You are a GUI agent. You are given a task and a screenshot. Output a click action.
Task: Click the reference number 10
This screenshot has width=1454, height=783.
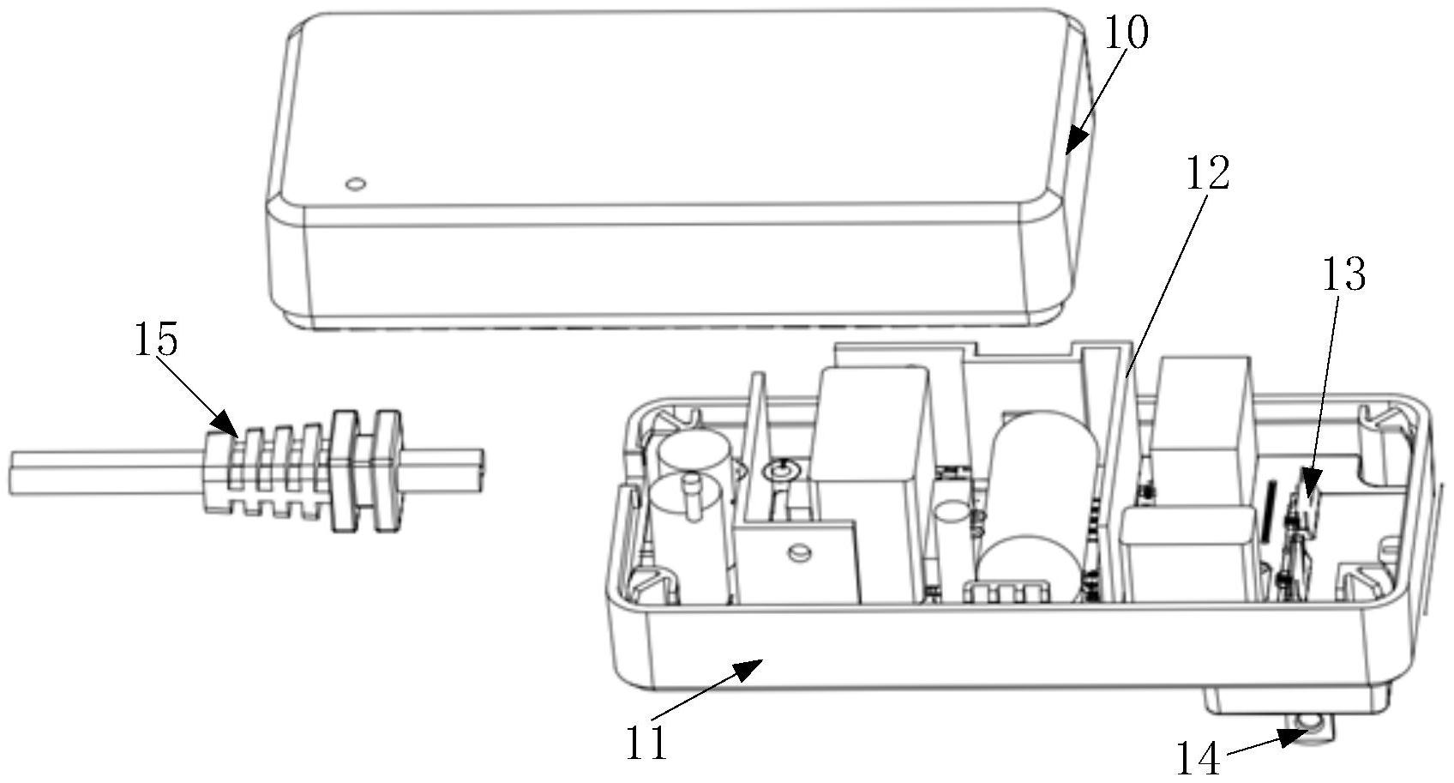(x=1124, y=35)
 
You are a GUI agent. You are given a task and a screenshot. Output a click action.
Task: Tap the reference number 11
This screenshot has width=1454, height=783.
(x=646, y=743)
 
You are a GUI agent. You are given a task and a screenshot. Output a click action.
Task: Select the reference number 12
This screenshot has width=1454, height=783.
(x=1207, y=174)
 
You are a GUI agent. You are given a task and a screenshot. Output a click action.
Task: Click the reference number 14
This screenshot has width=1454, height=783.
(x=1198, y=759)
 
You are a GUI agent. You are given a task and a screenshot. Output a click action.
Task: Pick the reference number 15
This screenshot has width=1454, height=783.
(x=155, y=340)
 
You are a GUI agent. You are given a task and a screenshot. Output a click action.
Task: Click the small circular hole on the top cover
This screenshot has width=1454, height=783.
(x=353, y=184)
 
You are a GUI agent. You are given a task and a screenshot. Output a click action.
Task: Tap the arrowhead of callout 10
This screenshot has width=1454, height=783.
(x=1072, y=144)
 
